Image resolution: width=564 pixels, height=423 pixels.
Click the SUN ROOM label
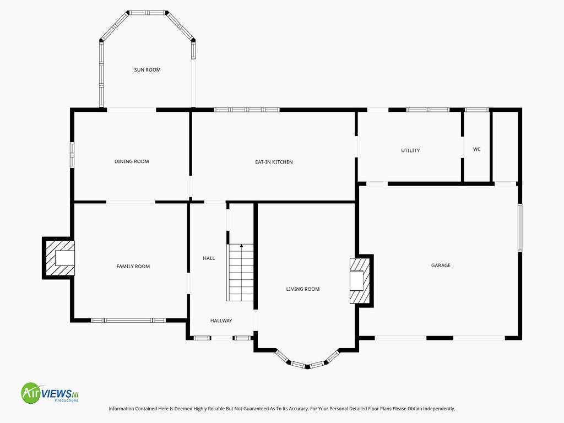pyautogui.click(x=147, y=70)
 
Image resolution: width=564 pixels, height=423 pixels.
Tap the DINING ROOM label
pyautogui.click(x=132, y=161)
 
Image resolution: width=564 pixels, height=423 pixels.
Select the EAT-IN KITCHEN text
pyautogui.click(x=274, y=162)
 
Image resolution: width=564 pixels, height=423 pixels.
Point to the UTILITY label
pyautogui.click(x=410, y=150)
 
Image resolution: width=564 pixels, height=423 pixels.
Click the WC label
pyautogui.click(x=476, y=149)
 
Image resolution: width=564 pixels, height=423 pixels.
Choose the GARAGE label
pyautogui.click(x=441, y=265)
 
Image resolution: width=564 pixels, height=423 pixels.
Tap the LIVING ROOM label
pyautogui.click(x=302, y=289)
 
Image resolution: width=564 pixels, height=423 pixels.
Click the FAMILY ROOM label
pyautogui.click(x=133, y=267)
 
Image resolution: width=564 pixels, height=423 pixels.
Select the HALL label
pyautogui.click(x=209, y=258)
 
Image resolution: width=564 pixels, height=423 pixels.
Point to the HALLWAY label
pyautogui.click(x=221, y=321)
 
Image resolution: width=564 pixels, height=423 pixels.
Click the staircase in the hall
pyautogui.click(x=240, y=273)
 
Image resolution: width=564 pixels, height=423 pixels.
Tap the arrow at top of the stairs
pyautogui.click(x=241, y=246)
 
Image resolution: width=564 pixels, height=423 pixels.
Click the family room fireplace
pyautogui.click(x=58, y=258)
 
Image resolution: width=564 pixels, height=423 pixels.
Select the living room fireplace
pyautogui.click(x=361, y=280)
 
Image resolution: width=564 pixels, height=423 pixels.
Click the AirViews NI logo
pyautogui.click(x=50, y=393)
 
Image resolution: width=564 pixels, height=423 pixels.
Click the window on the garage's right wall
pyautogui.click(x=520, y=227)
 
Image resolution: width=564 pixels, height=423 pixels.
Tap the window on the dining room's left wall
pyautogui.click(x=72, y=155)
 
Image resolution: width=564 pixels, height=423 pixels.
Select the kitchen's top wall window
pyautogui.click(x=247, y=110)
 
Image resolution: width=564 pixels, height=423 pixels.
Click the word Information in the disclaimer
pyautogui.click(x=121, y=409)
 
